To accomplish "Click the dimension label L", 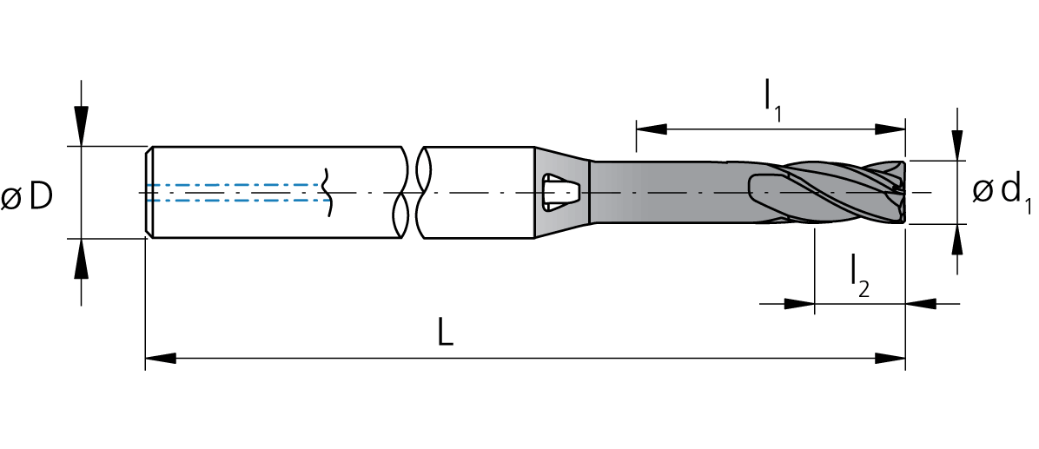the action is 446,333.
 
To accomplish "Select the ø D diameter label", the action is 27,196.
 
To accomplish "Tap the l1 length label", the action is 772,102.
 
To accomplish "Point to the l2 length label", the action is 858,278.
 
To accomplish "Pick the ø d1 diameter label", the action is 1002,195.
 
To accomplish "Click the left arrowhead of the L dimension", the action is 161,359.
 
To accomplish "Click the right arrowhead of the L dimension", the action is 890,359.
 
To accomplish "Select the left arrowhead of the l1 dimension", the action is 652,129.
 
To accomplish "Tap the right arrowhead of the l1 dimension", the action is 890,129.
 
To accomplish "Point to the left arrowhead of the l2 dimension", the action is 799,304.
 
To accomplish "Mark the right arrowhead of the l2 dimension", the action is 921,304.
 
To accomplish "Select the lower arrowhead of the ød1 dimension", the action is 956,240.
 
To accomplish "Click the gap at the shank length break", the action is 412,192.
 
